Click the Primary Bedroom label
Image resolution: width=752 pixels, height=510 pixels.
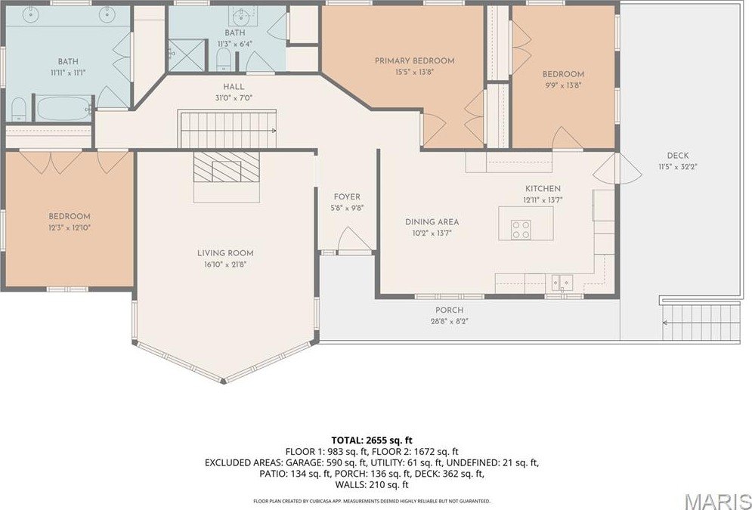tap(414, 60)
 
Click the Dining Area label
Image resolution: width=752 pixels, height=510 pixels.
tap(432, 222)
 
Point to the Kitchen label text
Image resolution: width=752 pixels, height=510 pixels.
tap(543, 188)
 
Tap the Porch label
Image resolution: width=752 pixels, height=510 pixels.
tap(449, 310)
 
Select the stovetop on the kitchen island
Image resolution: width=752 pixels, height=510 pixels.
tap(521, 230)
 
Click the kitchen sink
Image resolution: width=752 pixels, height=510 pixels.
tap(563, 283)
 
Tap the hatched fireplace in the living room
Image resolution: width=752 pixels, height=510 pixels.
tap(227, 165)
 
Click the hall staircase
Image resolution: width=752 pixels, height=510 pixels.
tap(227, 128)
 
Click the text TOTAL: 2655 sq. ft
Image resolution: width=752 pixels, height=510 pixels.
tap(376, 439)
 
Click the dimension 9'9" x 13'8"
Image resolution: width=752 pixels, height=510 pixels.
tap(563, 85)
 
